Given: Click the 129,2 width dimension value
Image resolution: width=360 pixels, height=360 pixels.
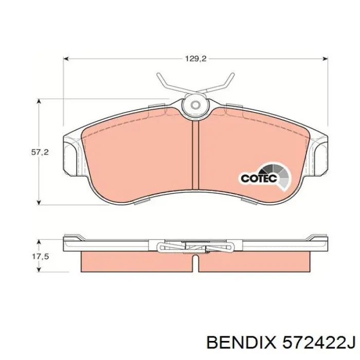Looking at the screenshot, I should click(x=195, y=59).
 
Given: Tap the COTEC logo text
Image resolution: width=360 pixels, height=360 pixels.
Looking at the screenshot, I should click(x=259, y=178).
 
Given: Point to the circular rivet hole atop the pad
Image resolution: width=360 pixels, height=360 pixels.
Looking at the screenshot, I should click(x=195, y=105).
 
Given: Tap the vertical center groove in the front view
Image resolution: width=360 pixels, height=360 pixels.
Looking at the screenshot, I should click(x=195, y=154).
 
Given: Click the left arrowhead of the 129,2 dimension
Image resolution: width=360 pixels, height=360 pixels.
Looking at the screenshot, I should click(x=66, y=59).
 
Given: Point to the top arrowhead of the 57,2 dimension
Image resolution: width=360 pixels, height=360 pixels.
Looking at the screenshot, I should click(x=40, y=103).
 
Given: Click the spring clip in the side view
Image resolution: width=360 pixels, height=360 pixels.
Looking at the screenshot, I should click(x=195, y=246).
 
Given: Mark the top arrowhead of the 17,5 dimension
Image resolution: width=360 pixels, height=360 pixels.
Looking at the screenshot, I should click(x=40, y=241).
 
